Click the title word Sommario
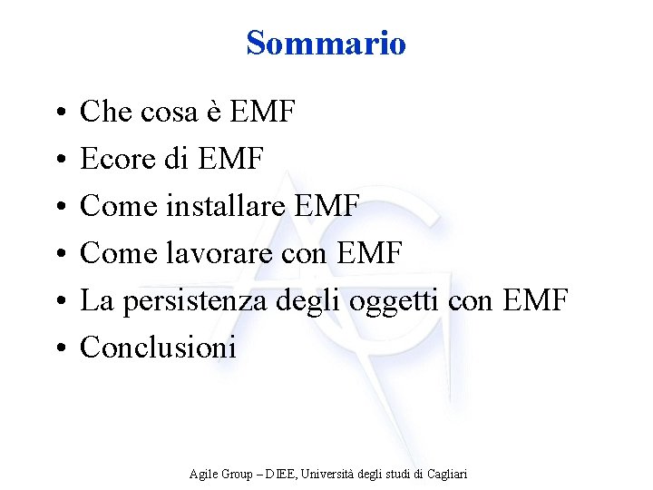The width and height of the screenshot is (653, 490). [326, 43]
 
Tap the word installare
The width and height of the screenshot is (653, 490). [219, 206]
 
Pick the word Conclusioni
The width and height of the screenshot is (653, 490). [159, 347]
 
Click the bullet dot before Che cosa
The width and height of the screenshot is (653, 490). [57, 113]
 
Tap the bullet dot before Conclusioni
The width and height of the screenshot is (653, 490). [57, 348]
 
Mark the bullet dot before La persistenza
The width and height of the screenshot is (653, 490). [57, 301]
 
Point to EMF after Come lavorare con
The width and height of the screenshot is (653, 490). [369, 253]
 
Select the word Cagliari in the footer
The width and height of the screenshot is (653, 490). [445, 474]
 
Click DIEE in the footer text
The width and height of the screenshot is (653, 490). [277, 474]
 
